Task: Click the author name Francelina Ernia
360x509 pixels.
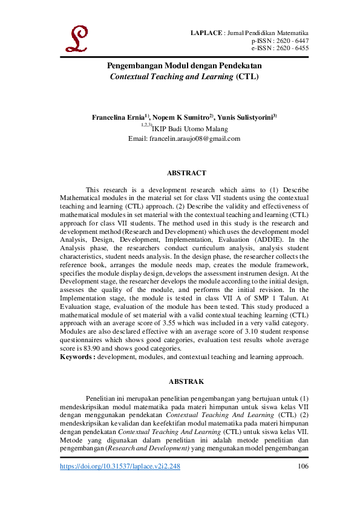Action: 120,117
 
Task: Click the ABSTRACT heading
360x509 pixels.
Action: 186,173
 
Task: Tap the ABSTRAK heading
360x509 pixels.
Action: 186,381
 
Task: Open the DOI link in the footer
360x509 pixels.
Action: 120,467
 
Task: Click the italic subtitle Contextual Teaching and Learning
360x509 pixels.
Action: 170,77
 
